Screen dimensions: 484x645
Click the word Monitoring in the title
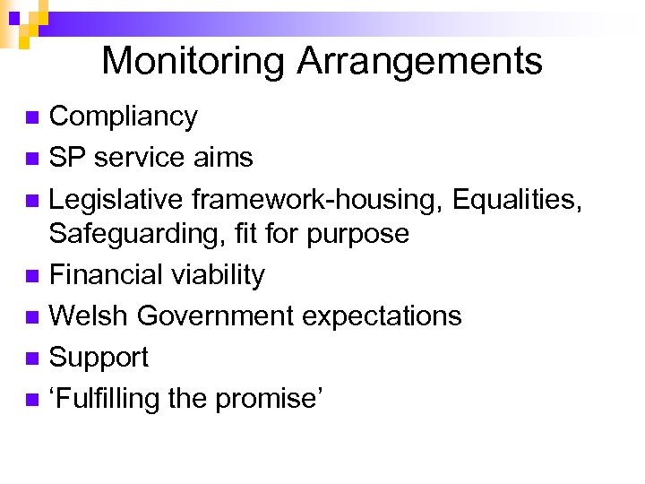pyautogui.click(x=193, y=61)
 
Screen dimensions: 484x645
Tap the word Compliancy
pyautogui.click(x=124, y=117)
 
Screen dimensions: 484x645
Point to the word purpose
pyautogui.click(x=358, y=234)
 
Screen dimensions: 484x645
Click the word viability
pyautogui.click(x=216, y=274)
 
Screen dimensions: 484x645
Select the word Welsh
pyautogui.click(x=88, y=315)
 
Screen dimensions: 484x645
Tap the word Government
pyautogui.click(x=216, y=315)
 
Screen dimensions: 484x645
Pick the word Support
pyautogui.click(x=99, y=358)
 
